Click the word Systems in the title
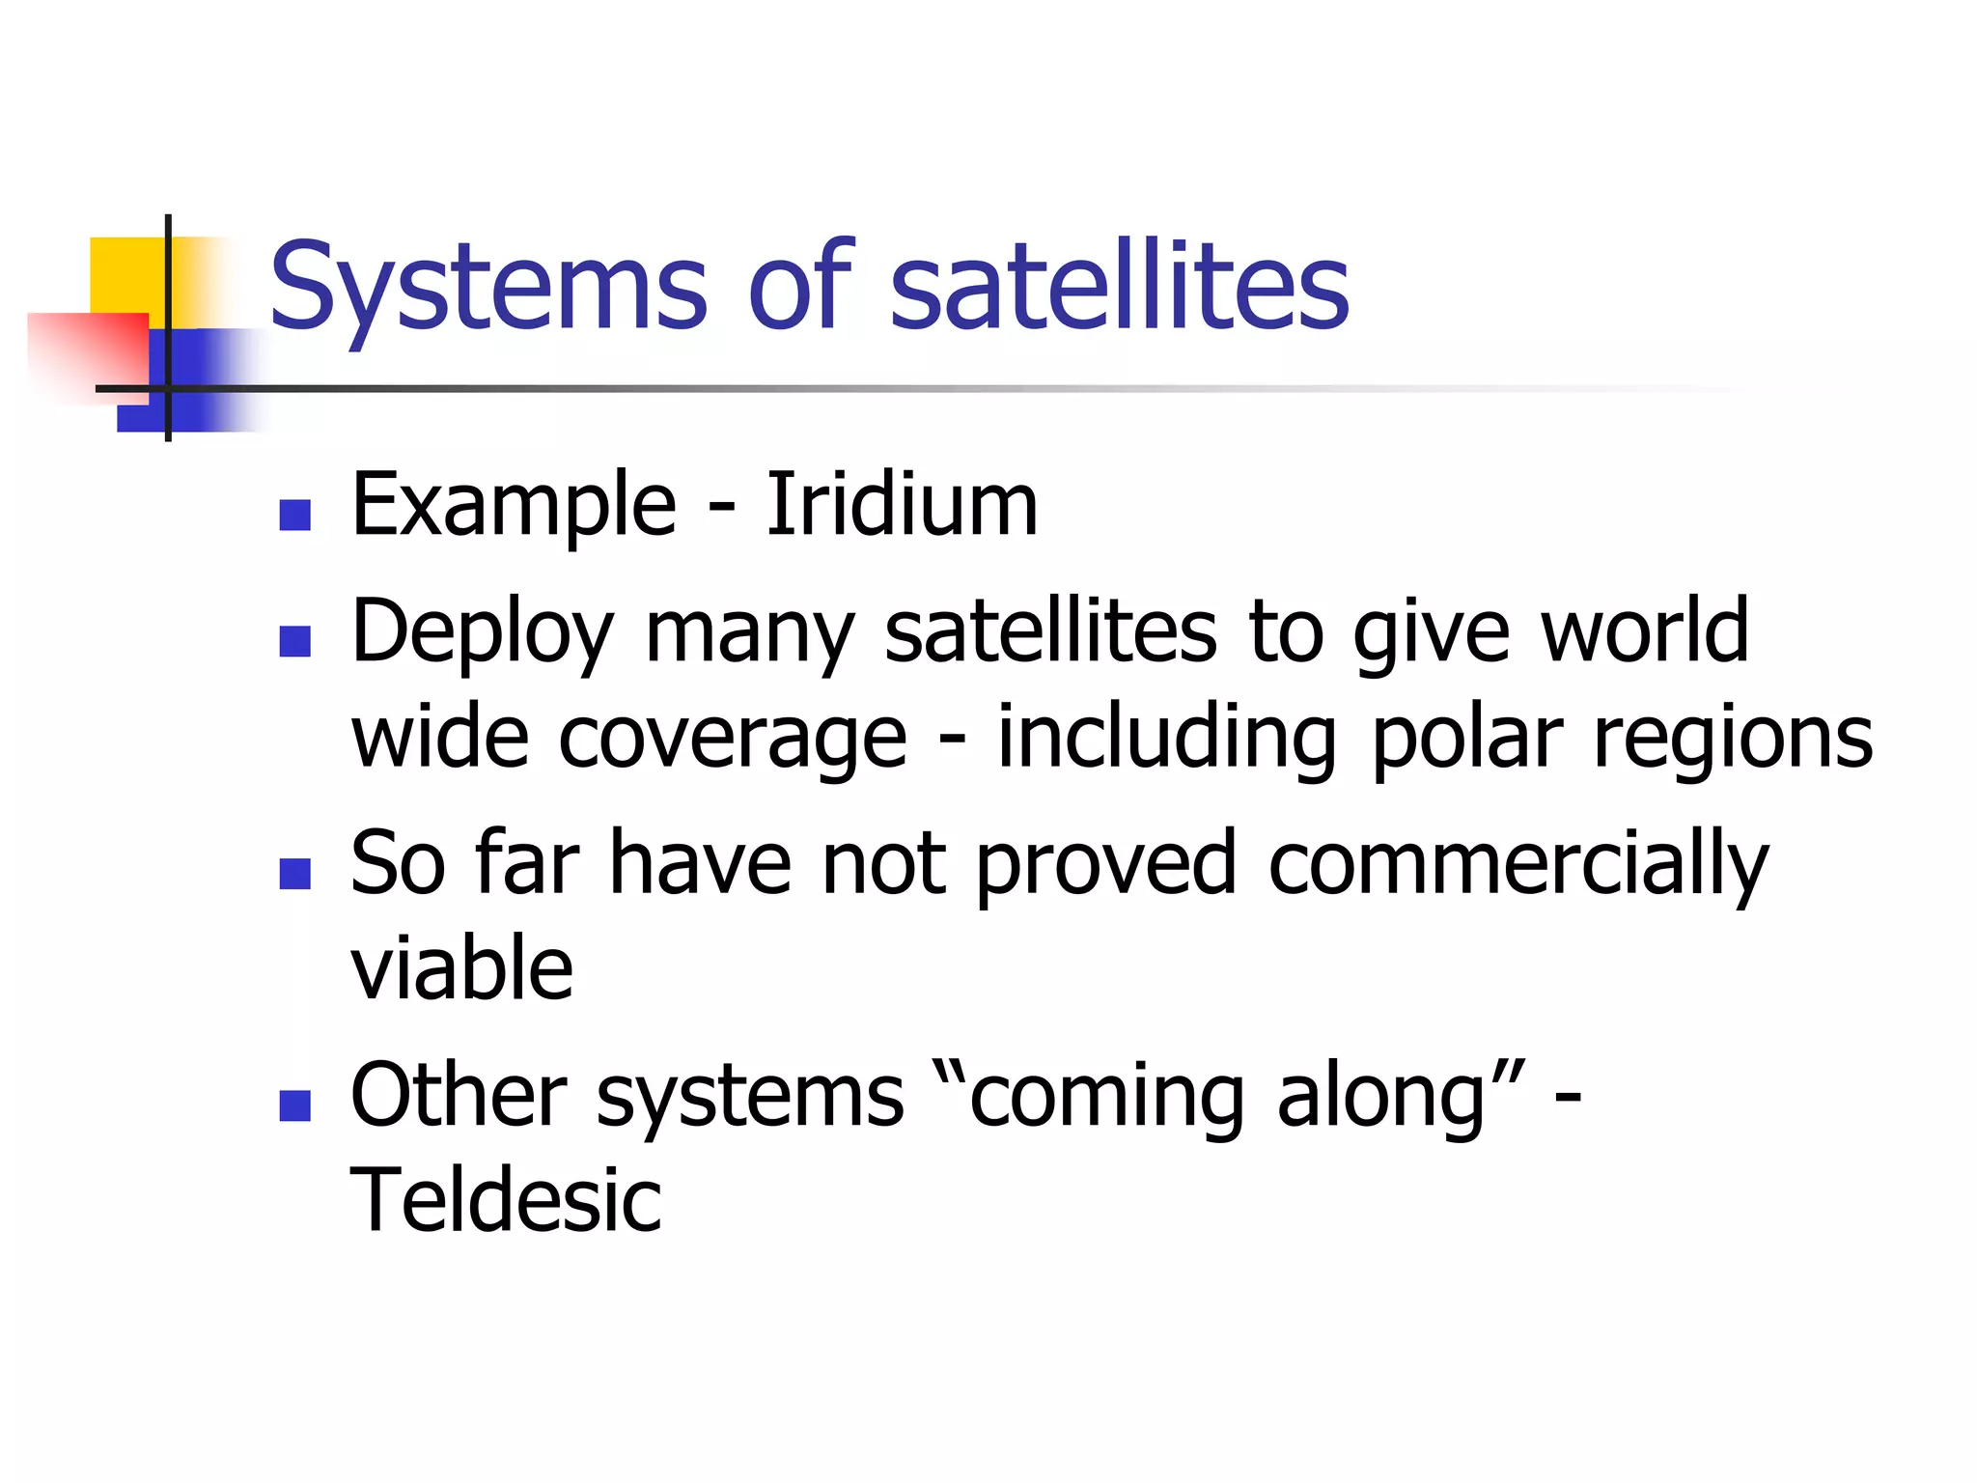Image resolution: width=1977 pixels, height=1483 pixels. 488,287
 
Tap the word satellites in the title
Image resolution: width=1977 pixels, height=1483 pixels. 1119,287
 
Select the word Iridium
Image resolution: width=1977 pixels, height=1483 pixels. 902,504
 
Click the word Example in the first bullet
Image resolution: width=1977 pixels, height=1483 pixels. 514,506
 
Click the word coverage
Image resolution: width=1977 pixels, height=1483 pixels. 733,739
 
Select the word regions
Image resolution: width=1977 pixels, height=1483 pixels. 1733,739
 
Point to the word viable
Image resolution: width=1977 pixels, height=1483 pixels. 461,967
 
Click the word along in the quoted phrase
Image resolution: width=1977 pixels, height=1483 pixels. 1380,1097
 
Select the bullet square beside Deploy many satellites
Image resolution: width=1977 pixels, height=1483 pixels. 294,642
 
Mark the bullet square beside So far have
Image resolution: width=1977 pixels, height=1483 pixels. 294,874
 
